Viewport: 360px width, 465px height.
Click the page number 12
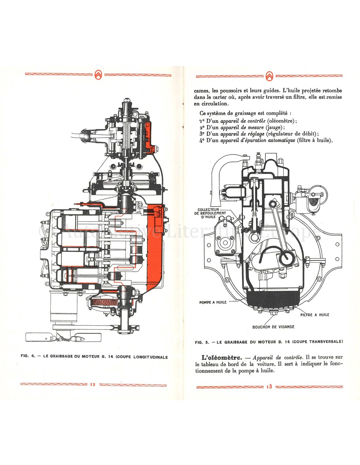93,385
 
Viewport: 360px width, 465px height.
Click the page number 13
269,387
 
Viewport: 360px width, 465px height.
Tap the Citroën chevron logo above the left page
99,75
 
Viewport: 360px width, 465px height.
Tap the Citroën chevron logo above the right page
269,76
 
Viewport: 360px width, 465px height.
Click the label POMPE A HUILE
213,302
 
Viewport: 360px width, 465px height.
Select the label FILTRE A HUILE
315,315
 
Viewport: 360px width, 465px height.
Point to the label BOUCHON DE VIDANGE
273,327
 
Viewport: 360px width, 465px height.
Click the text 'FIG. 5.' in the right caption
202,342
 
